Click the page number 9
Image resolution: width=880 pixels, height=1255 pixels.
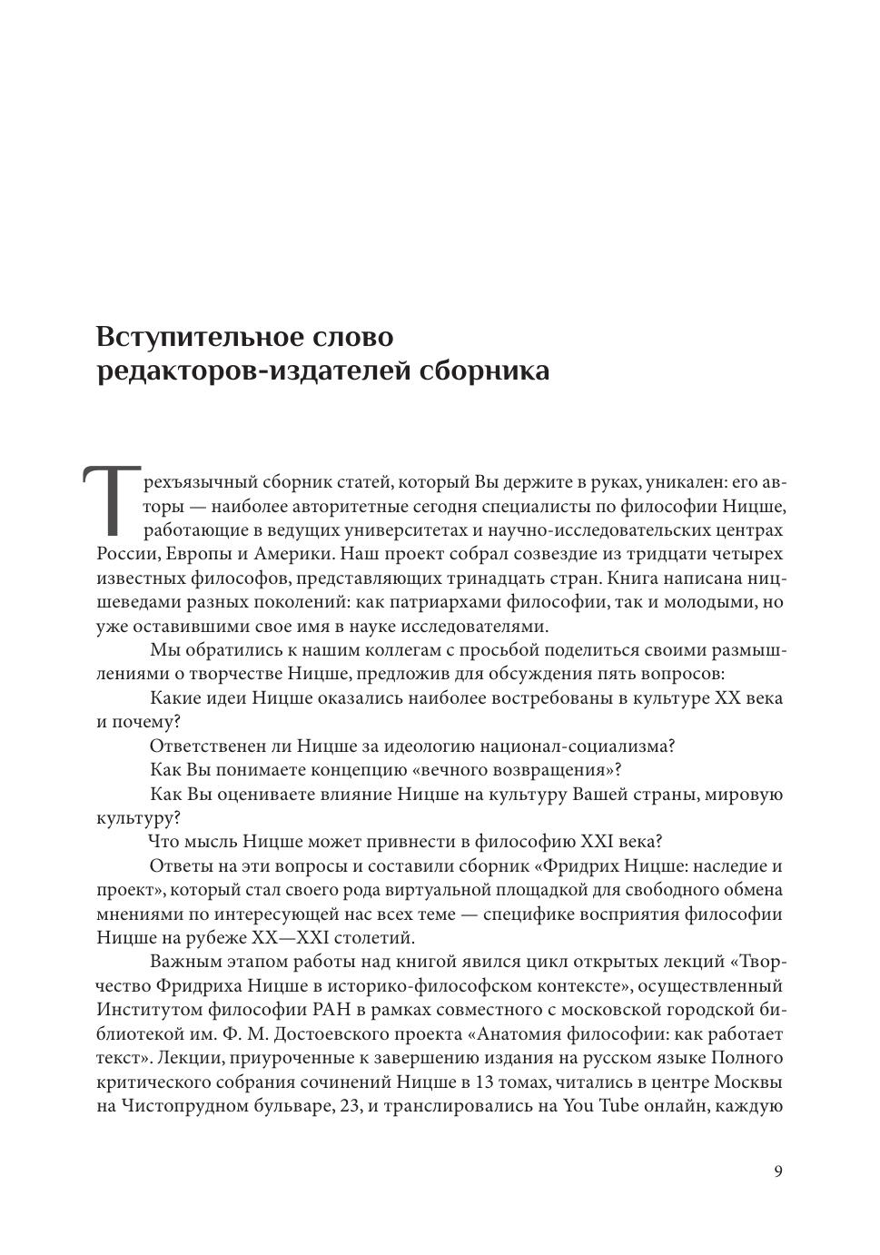click(x=778, y=1171)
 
